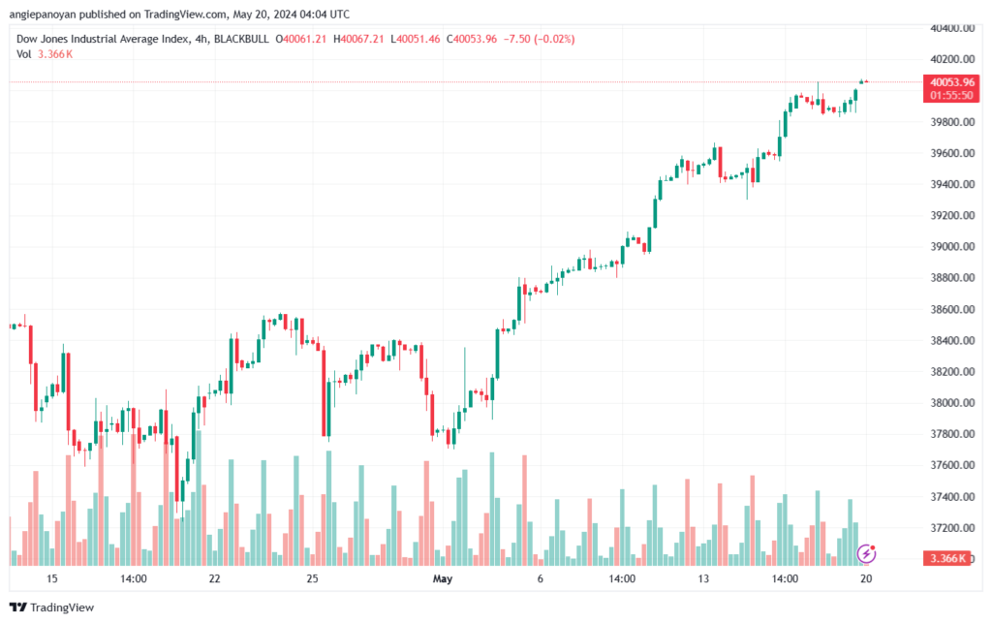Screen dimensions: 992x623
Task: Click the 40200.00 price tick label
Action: click(x=952, y=59)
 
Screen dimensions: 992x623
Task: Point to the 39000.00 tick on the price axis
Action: click(x=952, y=247)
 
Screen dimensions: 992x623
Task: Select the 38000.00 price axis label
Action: click(x=952, y=403)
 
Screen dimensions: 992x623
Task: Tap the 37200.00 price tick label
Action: click(x=952, y=527)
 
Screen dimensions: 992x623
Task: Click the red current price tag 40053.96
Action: click(x=952, y=82)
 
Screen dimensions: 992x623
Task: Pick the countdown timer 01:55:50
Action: click(x=951, y=96)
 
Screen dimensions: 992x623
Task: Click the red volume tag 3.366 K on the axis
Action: click(x=947, y=558)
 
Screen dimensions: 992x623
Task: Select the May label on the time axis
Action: click(x=442, y=578)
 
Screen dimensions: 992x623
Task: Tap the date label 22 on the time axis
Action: click(x=214, y=578)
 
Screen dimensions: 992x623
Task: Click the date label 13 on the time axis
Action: click(x=703, y=578)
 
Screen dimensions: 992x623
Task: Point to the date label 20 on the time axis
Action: click(x=866, y=578)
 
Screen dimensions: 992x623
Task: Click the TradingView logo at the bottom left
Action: click(x=52, y=607)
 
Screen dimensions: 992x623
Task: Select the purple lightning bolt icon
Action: click(x=866, y=554)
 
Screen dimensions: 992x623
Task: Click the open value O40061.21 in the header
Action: click(x=300, y=39)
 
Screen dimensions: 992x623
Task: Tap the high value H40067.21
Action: click(x=358, y=39)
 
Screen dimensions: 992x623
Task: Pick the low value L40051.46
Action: click(x=415, y=39)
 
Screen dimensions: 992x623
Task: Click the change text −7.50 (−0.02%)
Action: click(x=539, y=39)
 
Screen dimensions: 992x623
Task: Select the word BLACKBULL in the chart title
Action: click(x=241, y=39)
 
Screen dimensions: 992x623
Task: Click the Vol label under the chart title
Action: click(x=23, y=54)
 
